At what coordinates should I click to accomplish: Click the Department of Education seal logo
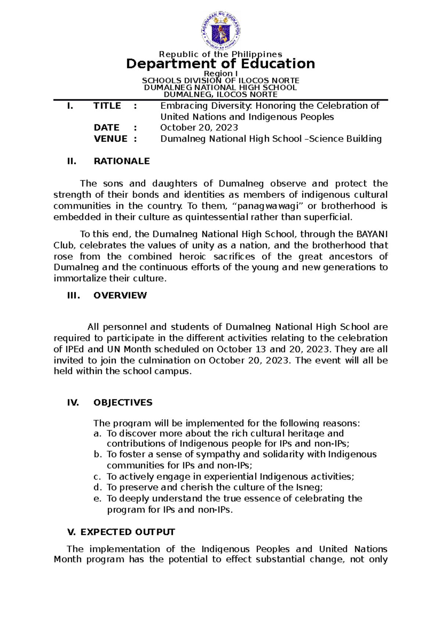(220, 31)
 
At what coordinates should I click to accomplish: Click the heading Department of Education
(220, 64)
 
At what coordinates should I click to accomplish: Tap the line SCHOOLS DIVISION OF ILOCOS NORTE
(220, 80)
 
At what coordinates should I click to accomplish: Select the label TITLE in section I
(107, 106)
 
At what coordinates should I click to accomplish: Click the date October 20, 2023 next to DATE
(199, 128)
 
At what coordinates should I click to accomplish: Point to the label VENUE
(111, 139)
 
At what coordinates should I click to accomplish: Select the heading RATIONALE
(122, 161)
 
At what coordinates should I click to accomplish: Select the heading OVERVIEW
(120, 296)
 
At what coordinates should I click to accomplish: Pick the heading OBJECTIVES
(123, 403)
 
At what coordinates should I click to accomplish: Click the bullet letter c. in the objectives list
(97, 477)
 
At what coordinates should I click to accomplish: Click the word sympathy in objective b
(218, 455)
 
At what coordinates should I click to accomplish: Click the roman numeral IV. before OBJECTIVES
(73, 403)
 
